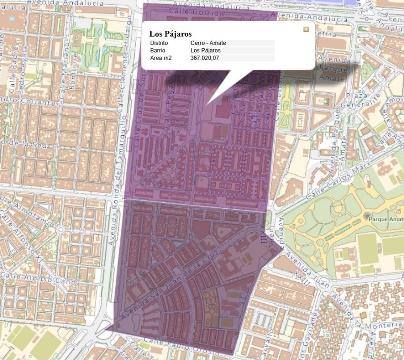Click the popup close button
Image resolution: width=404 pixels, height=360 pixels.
point(306,29)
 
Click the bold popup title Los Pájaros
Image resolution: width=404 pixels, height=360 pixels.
point(170,34)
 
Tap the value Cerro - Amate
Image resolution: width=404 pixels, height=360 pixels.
point(208,43)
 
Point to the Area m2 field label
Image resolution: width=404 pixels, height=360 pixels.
point(161,58)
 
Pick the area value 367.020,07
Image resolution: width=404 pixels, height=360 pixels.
point(205,58)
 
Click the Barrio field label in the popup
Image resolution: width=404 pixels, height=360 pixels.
point(157,51)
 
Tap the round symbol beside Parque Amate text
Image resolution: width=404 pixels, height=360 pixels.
point(366,215)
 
